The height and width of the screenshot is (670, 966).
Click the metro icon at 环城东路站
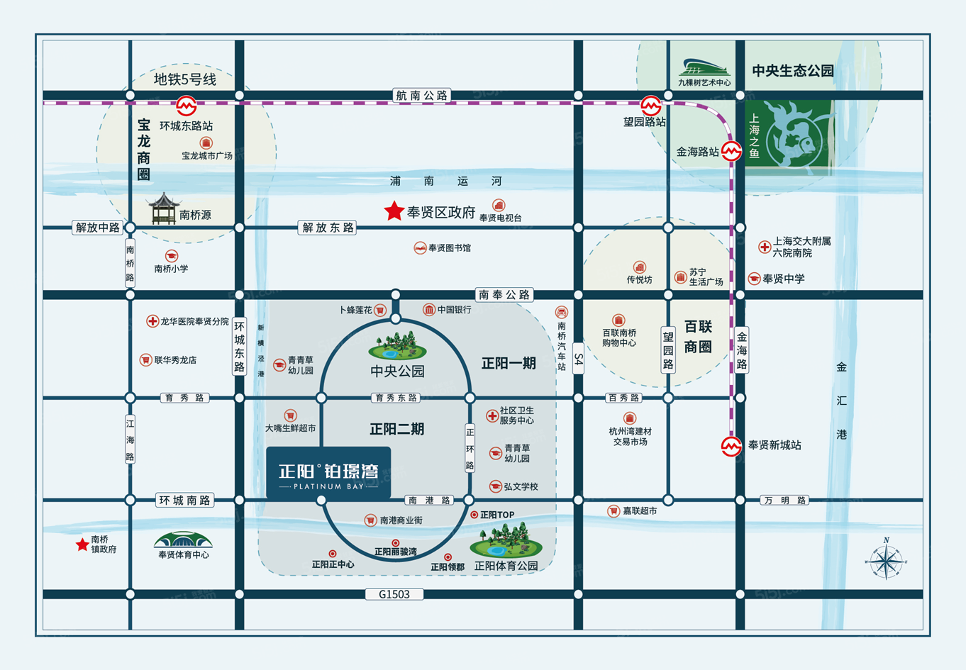pos(187,105)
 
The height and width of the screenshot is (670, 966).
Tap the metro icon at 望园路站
pos(651,106)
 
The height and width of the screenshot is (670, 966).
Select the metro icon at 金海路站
pos(731,151)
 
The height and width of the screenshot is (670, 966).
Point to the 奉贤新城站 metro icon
pos(731,446)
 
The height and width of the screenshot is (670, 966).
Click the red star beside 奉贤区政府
pos(394,211)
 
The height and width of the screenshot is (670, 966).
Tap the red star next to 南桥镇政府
pos(82,545)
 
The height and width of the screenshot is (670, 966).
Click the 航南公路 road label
pos(422,95)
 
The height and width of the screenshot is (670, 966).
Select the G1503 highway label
pos(394,594)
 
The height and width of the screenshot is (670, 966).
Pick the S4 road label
pos(578,359)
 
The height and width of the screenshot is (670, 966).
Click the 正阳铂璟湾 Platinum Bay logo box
pos(328,474)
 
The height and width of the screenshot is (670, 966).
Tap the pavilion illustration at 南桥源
pos(163,208)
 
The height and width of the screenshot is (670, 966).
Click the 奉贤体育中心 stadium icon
pos(183,540)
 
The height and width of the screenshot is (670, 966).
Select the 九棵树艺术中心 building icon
pos(704,67)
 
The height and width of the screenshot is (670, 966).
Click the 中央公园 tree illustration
pos(398,345)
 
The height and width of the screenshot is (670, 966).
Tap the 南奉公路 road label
pos(504,294)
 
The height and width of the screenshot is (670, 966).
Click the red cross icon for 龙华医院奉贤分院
pos(152,321)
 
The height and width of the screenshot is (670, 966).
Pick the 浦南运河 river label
pos(445,181)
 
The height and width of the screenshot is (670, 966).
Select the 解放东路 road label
pos(327,228)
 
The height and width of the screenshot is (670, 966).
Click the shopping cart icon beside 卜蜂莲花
pos(380,310)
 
